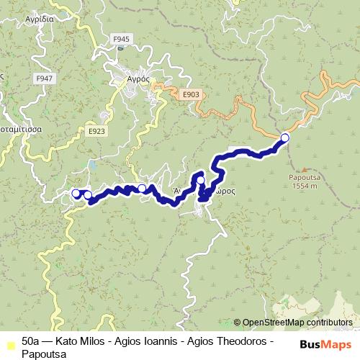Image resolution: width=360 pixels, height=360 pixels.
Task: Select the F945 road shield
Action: (122, 39)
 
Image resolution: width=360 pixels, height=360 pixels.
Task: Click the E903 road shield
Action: (191, 94)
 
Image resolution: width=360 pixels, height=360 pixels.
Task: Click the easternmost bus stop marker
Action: (284, 137)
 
